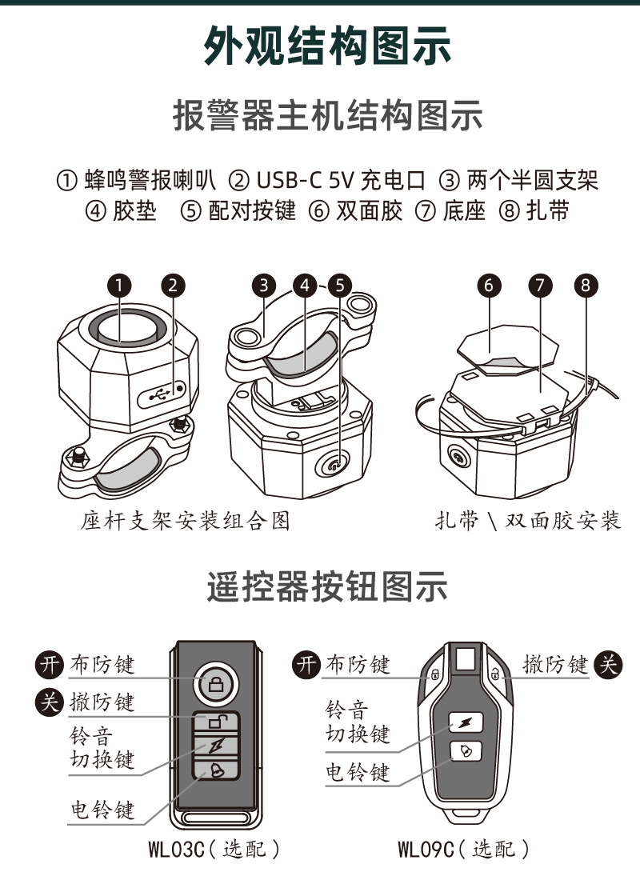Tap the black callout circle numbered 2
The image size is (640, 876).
point(174,285)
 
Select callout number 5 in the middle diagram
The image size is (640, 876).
point(340,285)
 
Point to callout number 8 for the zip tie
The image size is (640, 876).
point(587,285)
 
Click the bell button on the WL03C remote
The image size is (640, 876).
point(216,771)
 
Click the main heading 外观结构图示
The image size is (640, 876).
point(326,46)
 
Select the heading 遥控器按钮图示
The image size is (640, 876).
point(326,588)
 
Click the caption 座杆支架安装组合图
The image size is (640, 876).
point(185,522)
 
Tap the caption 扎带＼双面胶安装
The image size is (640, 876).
point(528,522)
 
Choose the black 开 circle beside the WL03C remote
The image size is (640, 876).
point(51,664)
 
